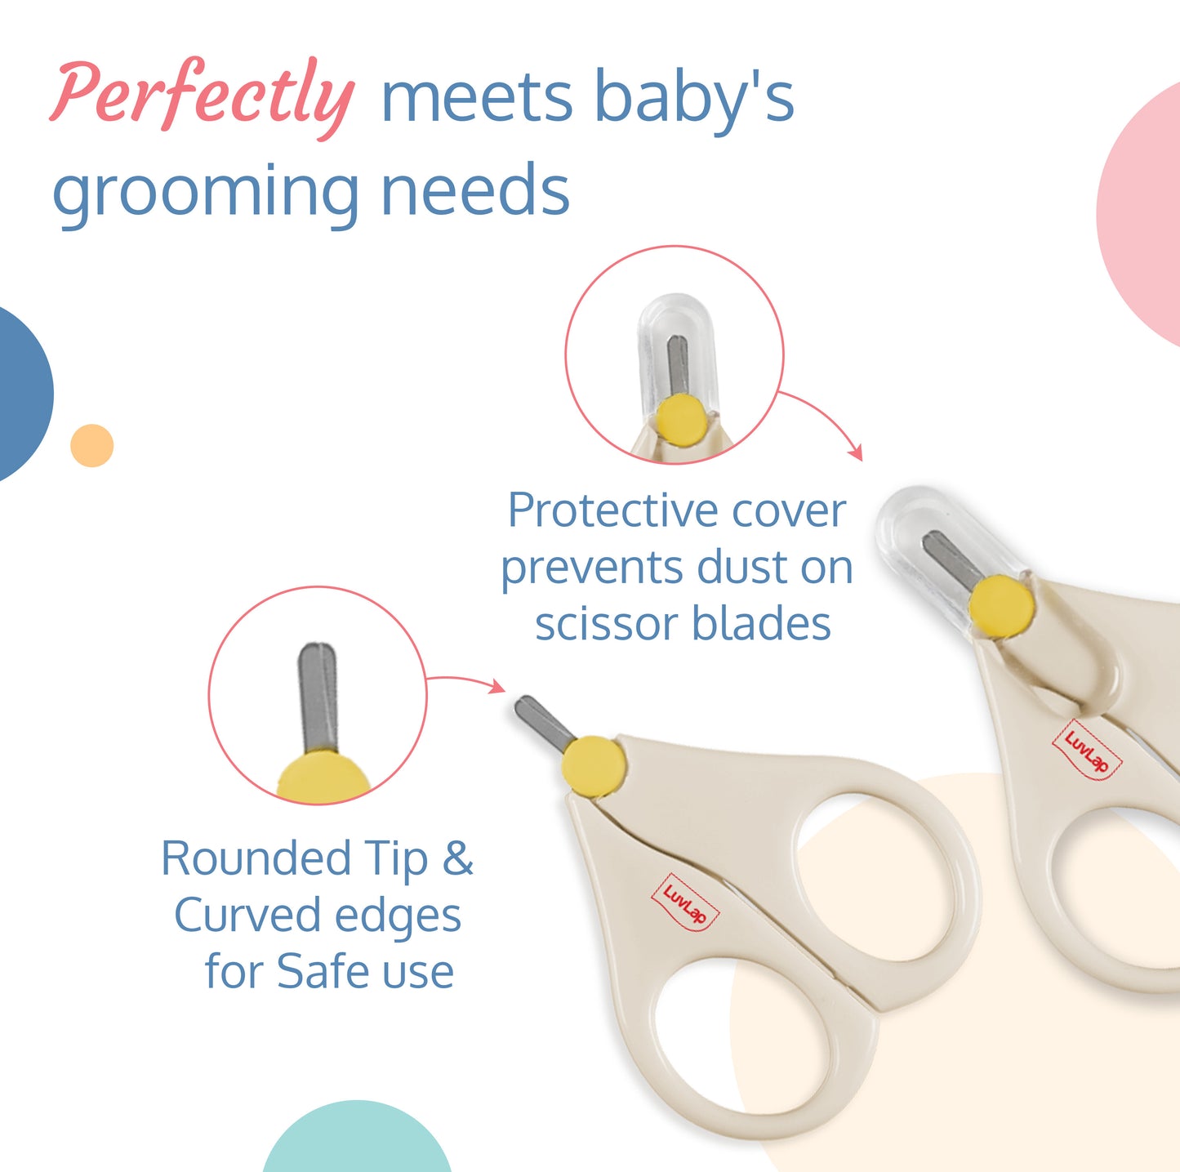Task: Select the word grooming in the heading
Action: (x=205, y=193)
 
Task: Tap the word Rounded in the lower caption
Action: (x=256, y=858)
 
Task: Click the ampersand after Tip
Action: (x=457, y=858)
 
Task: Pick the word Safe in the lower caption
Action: (x=323, y=971)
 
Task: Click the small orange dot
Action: (x=92, y=445)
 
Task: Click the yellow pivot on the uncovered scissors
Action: (x=594, y=764)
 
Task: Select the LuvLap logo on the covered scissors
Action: (x=1087, y=751)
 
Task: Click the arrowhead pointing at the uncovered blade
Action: (x=497, y=687)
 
